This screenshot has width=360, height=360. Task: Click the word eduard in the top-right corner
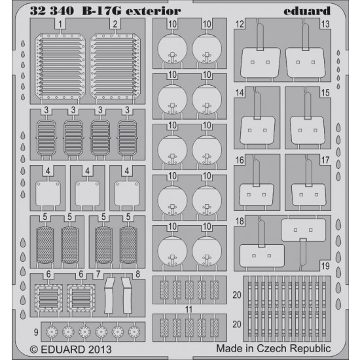(x=307, y=11)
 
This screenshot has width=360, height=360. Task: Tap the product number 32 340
(x=52, y=11)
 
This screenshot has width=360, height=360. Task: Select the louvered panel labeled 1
(x=60, y=67)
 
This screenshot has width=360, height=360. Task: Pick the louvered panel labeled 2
(x=115, y=67)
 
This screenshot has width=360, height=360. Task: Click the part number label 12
(x=240, y=24)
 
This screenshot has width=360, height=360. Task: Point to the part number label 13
(x=325, y=24)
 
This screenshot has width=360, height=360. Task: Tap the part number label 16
(x=240, y=160)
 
